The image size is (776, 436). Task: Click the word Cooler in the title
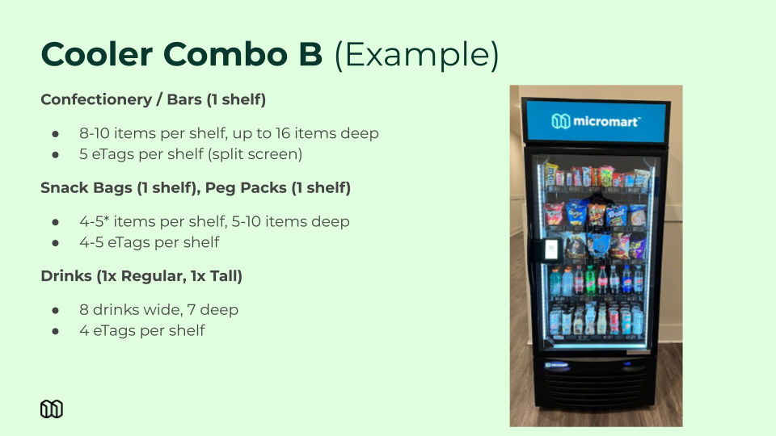coord(96,54)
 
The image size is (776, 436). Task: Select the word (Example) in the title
coord(417,55)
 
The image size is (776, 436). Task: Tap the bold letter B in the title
coord(310,54)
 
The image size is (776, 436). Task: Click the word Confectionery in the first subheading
coord(96,99)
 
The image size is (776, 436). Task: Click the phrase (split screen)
coord(255,154)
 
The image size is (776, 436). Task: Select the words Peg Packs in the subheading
coord(246,188)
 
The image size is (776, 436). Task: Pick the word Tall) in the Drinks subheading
coord(226,276)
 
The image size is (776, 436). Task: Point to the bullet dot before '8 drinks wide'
coord(56,310)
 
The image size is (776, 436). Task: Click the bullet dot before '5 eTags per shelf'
coord(56,155)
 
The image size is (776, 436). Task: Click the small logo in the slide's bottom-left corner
coord(52,409)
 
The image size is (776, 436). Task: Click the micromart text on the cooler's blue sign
coord(607,122)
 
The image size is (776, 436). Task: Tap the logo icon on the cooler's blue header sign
coord(561,121)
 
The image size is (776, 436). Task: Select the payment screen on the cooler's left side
coord(550,249)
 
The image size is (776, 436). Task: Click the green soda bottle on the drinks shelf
coord(590,281)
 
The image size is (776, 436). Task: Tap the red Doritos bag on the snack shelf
coord(554,214)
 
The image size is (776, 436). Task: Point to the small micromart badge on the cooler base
coord(556,365)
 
